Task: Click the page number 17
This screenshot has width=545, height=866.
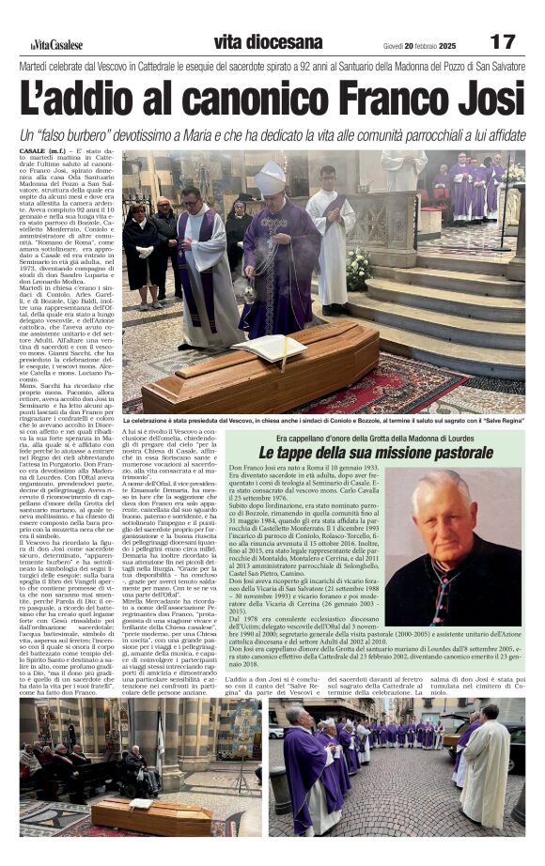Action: click(503, 42)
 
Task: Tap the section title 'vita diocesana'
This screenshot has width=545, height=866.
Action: click(268, 42)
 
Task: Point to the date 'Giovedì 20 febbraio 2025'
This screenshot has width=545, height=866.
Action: click(419, 45)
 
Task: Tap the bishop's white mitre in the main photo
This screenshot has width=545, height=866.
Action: click(271, 178)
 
